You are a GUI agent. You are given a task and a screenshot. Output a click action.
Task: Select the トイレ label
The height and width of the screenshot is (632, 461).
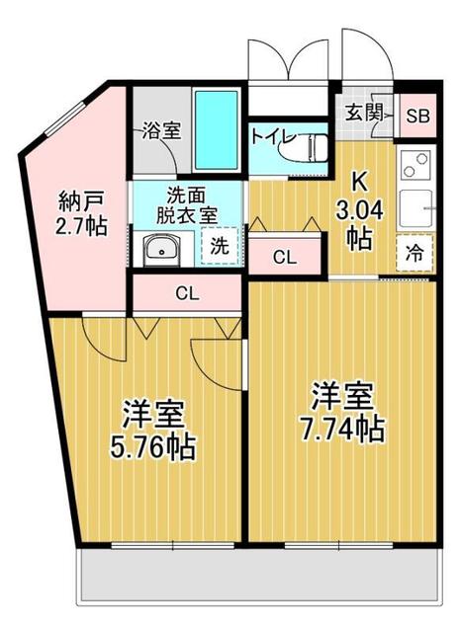click(x=269, y=136)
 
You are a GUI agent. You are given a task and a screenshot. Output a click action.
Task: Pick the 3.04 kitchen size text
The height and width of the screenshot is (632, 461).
click(x=358, y=209)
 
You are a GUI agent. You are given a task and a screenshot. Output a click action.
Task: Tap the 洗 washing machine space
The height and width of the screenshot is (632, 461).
click(x=220, y=247)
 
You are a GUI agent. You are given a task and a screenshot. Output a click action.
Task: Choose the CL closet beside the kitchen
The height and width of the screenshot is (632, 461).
click(x=284, y=258)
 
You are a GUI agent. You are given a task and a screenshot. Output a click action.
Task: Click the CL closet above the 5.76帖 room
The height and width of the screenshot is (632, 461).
click(x=186, y=292)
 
